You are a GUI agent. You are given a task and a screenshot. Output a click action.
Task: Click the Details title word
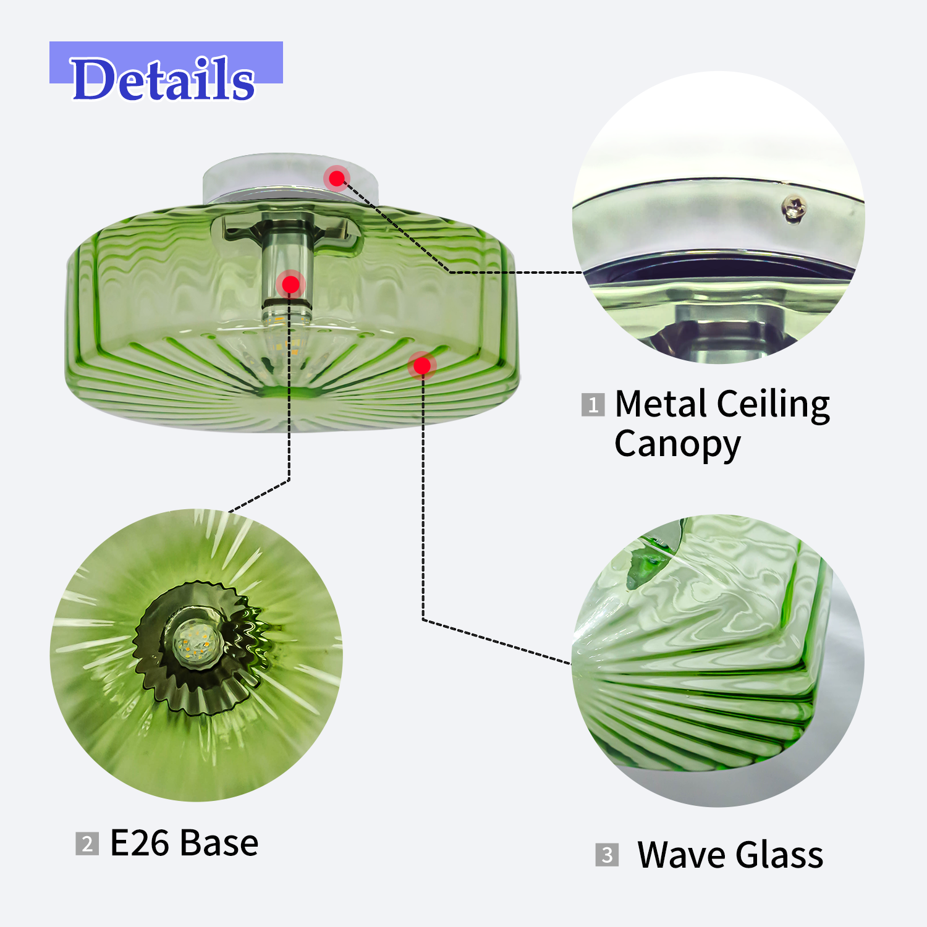163,78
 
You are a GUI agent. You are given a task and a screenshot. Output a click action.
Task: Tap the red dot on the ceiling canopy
337,179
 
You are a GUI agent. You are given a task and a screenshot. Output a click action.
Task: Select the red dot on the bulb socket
290,284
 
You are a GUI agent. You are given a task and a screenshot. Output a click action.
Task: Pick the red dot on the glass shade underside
422,366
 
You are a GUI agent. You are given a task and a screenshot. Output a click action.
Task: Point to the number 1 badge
593,405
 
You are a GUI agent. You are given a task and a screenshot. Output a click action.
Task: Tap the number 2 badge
87,844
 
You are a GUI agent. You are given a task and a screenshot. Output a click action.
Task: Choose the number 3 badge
607,855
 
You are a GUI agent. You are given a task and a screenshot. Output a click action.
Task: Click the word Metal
661,405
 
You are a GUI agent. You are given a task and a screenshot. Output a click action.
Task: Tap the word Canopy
677,446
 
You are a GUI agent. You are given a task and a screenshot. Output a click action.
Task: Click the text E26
139,843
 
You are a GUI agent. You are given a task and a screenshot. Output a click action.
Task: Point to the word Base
219,843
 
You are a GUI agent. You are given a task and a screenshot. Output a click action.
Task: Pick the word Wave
682,855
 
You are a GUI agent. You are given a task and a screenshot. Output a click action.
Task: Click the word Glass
780,855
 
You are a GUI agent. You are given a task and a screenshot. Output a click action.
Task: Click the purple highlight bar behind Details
166,62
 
